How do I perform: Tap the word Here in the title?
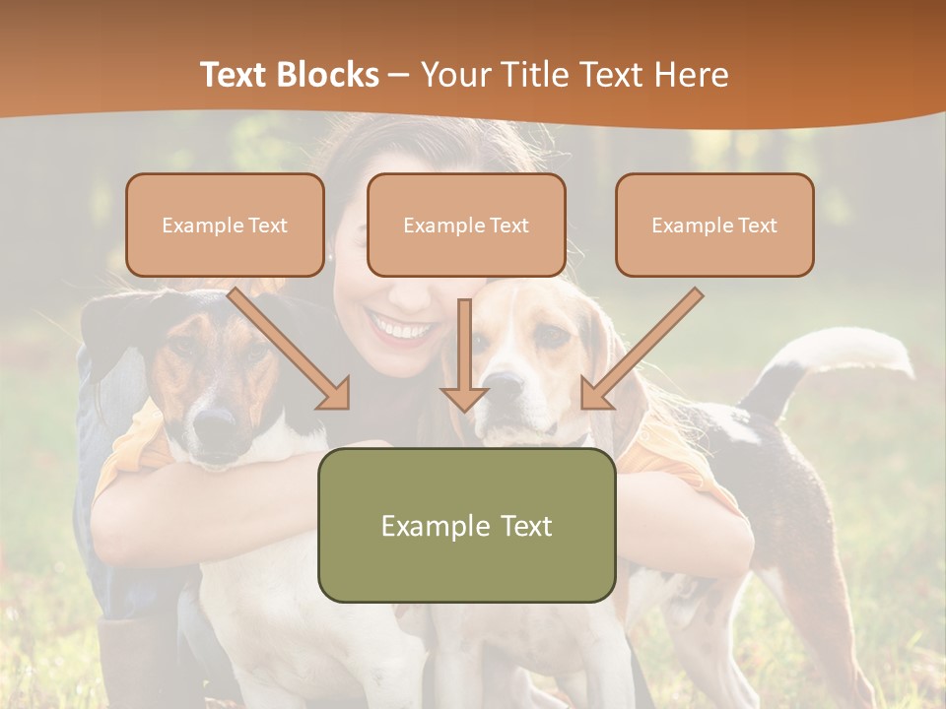click(690, 74)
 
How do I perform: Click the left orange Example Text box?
click(225, 226)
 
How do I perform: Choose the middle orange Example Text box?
click(466, 226)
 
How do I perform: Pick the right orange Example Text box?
click(714, 226)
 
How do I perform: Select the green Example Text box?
click(466, 525)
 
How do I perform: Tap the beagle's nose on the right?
click(504, 384)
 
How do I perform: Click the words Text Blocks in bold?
click(289, 74)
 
